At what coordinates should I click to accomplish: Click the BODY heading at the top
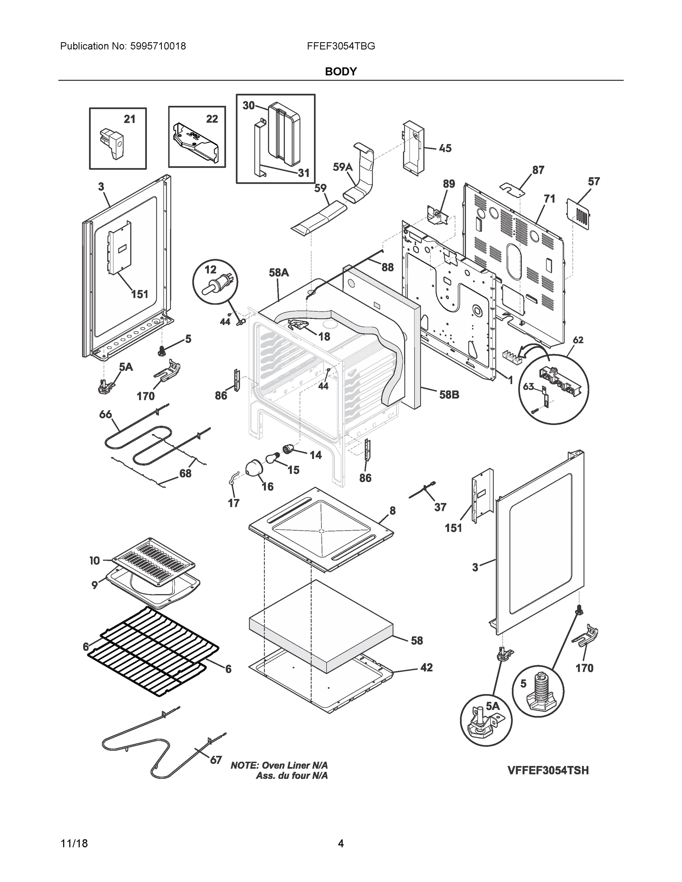click(x=340, y=72)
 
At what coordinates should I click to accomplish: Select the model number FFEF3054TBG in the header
click(x=340, y=46)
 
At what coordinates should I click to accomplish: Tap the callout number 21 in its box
click(x=129, y=119)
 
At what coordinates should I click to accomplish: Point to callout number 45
click(x=445, y=148)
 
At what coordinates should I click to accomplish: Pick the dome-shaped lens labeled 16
click(x=254, y=468)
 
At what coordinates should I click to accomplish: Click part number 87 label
click(x=538, y=170)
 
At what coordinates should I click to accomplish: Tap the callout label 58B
click(x=449, y=395)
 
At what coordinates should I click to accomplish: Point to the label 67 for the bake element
click(x=216, y=760)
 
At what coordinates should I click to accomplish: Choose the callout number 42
click(x=426, y=667)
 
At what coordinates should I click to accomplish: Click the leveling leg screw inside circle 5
click(x=539, y=690)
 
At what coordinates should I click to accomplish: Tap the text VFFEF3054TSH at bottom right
click(x=548, y=771)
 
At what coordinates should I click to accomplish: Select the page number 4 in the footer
click(x=340, y=843)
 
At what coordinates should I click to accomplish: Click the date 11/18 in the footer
click(x=74, y=843)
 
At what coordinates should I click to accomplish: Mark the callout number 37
click(x=440, y=507)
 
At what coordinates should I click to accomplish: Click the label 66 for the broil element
click(x=106, y=414)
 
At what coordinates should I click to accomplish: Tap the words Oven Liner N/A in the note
click(x=294, y=765)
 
